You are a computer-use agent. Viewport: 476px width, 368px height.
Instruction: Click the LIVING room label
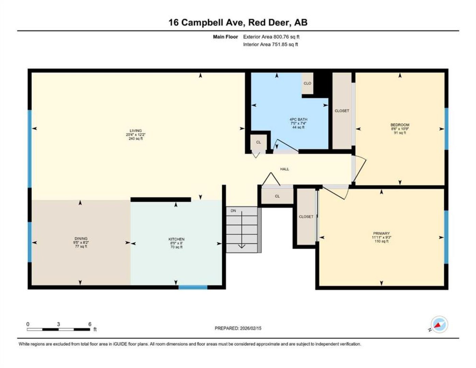136,131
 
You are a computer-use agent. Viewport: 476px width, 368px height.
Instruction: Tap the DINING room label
81,239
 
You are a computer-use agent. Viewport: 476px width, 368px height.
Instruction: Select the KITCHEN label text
176,239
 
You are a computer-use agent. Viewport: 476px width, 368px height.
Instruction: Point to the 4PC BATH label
298,119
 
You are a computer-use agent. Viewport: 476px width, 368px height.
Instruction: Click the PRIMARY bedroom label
381,233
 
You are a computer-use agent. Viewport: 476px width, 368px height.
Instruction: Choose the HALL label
285,169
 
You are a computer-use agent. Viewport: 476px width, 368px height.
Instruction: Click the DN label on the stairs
233,211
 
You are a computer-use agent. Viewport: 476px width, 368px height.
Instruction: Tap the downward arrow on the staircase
242,230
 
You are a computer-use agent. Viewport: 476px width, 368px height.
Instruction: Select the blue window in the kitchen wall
193,287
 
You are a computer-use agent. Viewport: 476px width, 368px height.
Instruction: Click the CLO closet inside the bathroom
307,83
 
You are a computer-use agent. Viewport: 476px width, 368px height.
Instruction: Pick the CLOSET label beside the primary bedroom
306,216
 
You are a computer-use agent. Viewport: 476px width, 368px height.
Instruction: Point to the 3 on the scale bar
58,324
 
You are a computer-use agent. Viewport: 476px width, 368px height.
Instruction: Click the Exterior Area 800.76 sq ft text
271,37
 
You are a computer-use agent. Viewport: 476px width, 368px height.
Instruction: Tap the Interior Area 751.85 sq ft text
270,44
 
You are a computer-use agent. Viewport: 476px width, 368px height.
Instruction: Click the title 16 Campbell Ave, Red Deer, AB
238,22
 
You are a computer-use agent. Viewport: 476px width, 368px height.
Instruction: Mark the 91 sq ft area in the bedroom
400,133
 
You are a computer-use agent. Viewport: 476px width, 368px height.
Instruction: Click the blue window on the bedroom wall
446,129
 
